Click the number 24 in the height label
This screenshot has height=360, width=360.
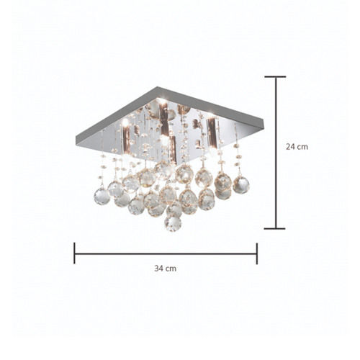pyautogui.click(x=290, y=146)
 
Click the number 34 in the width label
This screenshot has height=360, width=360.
pyautogui.click(x=159, y=269)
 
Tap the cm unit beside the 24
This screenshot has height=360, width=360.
pyautogui.click(x=302, y=147)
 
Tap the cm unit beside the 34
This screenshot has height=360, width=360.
pyautogui.click(x=171, y=269)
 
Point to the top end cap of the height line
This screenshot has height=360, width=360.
pyautogui.click(x=275, y=77)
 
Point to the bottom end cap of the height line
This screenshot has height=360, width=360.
pyautogui.click(x=275, y=228)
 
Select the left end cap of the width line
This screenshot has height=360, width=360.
pyautogui.click(x=74, y=253)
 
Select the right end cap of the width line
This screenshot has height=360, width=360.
pyautogui.click(x=257, y=253)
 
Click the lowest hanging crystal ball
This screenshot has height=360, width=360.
pyautogui.click(x=173, y=223)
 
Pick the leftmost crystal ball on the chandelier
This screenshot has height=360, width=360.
pyautogui.click(x=102, y=196)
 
